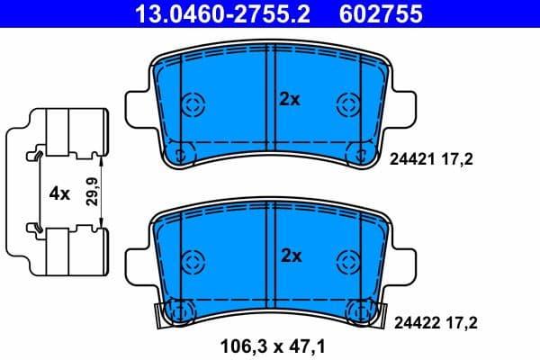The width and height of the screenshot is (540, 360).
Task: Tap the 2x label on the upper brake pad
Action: click(289, 100)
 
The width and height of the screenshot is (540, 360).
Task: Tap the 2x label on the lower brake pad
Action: click(289, 256)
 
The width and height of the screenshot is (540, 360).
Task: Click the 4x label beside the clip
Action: click(60, 193)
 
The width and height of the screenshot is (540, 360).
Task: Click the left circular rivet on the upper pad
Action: click(193, 103)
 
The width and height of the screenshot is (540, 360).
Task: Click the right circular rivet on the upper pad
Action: click(347, 103)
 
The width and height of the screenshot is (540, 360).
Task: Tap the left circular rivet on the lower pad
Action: click(193, 263)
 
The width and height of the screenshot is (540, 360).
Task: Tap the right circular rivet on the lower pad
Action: click(347, 263)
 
